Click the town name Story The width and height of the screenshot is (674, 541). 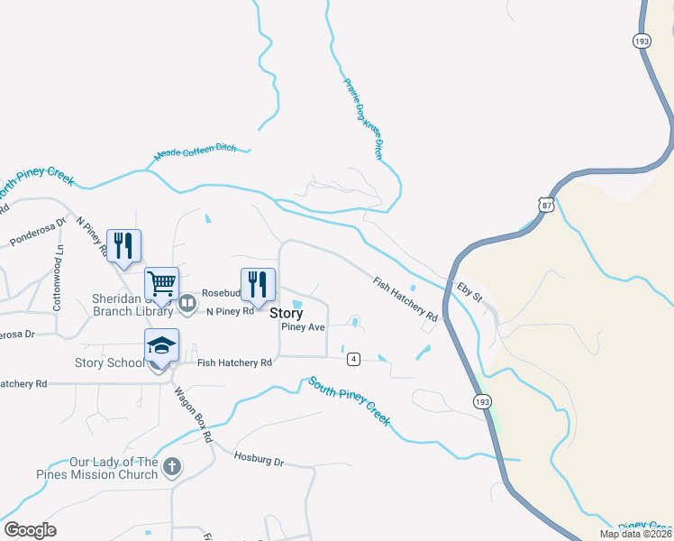point(286,314)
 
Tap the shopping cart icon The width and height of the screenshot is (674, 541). point(162,284)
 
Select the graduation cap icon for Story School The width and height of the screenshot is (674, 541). point(162,345)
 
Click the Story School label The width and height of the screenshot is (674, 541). point(111,363)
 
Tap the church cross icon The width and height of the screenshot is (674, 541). point(172,468)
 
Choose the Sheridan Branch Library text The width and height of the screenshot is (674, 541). point(132,305)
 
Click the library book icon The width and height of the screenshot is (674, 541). point(188,304)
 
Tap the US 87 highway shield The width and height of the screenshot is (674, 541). point(545,206)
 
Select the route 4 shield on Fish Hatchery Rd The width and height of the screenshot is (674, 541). point(353,359)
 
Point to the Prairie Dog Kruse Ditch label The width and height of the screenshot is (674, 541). point(363,119)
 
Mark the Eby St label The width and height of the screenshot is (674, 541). point(469,292)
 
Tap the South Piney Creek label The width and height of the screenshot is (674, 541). point(350,401)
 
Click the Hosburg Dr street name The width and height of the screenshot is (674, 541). point(258,460)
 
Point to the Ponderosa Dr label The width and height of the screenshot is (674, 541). point(38,232)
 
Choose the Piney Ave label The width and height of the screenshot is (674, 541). point(303,327)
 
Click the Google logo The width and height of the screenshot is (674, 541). point(30,529)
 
